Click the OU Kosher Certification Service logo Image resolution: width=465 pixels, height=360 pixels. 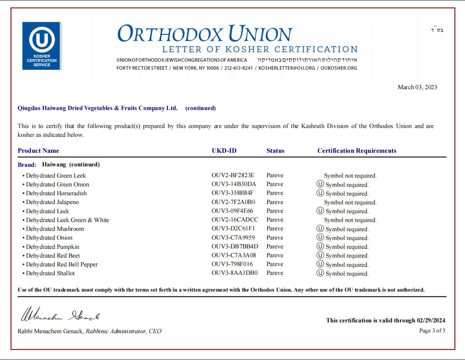(42, 46)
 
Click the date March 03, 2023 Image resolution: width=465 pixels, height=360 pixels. (417, 87)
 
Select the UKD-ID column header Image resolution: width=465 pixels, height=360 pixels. (224, 151)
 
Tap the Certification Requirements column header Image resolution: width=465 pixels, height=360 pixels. (357, 151)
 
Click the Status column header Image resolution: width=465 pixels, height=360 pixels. (275, 151)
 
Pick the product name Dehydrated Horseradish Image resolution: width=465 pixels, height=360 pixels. (56, 193)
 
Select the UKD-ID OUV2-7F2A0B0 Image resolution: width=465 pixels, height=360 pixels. (233, 202)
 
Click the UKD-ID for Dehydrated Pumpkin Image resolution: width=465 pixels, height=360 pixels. (235, 246)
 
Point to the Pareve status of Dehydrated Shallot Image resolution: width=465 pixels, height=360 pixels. (275, 273)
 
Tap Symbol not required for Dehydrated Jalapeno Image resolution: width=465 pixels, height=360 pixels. (350, 202)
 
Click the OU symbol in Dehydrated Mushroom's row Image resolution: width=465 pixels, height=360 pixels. (320, 229)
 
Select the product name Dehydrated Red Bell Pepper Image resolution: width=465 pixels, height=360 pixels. (62, 264)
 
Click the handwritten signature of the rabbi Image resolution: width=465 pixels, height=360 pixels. (60, 314)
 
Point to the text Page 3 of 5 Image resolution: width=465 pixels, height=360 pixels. (432, 330)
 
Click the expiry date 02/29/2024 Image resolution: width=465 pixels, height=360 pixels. (431, 320)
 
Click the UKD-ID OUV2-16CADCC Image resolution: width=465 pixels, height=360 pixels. (235, 220)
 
